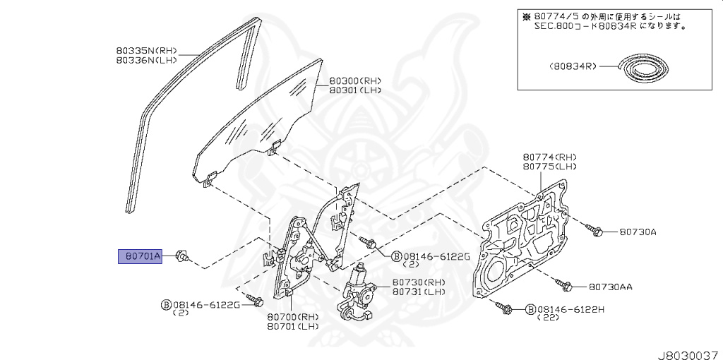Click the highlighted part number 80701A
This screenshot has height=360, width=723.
(140, 256)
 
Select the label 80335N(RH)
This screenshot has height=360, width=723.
(146, 51)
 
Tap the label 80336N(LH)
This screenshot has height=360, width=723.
(146, 61)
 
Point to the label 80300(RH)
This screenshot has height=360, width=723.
(355, 80)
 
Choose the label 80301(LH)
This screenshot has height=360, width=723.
(355, 90)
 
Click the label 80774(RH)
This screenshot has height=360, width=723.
(550, 157)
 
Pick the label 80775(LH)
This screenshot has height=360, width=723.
(550, 167)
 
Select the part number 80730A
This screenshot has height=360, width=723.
(638, 232)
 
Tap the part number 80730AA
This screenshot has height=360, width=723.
(611, 287)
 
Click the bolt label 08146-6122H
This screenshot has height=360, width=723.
(572, 309)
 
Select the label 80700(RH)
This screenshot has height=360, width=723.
(293, 316)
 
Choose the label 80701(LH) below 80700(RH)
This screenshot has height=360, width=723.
(293, 326)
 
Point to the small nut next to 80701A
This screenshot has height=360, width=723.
(180, 256)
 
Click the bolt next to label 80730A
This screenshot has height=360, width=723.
(593, 229)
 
